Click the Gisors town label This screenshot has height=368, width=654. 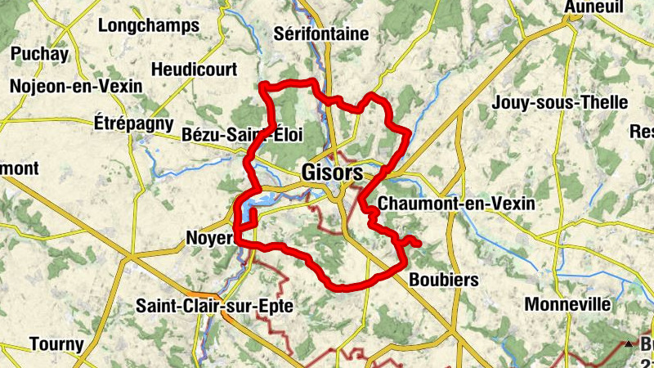click(332, 173)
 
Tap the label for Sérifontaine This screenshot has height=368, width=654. click(321, 34)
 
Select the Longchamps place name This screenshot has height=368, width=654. click(148, 25)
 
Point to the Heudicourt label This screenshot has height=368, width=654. click(194, 69)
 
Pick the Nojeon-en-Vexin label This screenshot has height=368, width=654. click(76, 86)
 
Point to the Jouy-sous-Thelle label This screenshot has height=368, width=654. click(559, 103)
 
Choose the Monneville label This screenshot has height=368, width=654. click(567, 304)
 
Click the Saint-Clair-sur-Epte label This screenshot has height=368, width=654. click(215, 307)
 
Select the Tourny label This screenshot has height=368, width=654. click(56, 344)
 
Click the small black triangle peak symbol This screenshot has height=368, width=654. click(629, 344)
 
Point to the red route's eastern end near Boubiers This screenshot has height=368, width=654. click(418, 243)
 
